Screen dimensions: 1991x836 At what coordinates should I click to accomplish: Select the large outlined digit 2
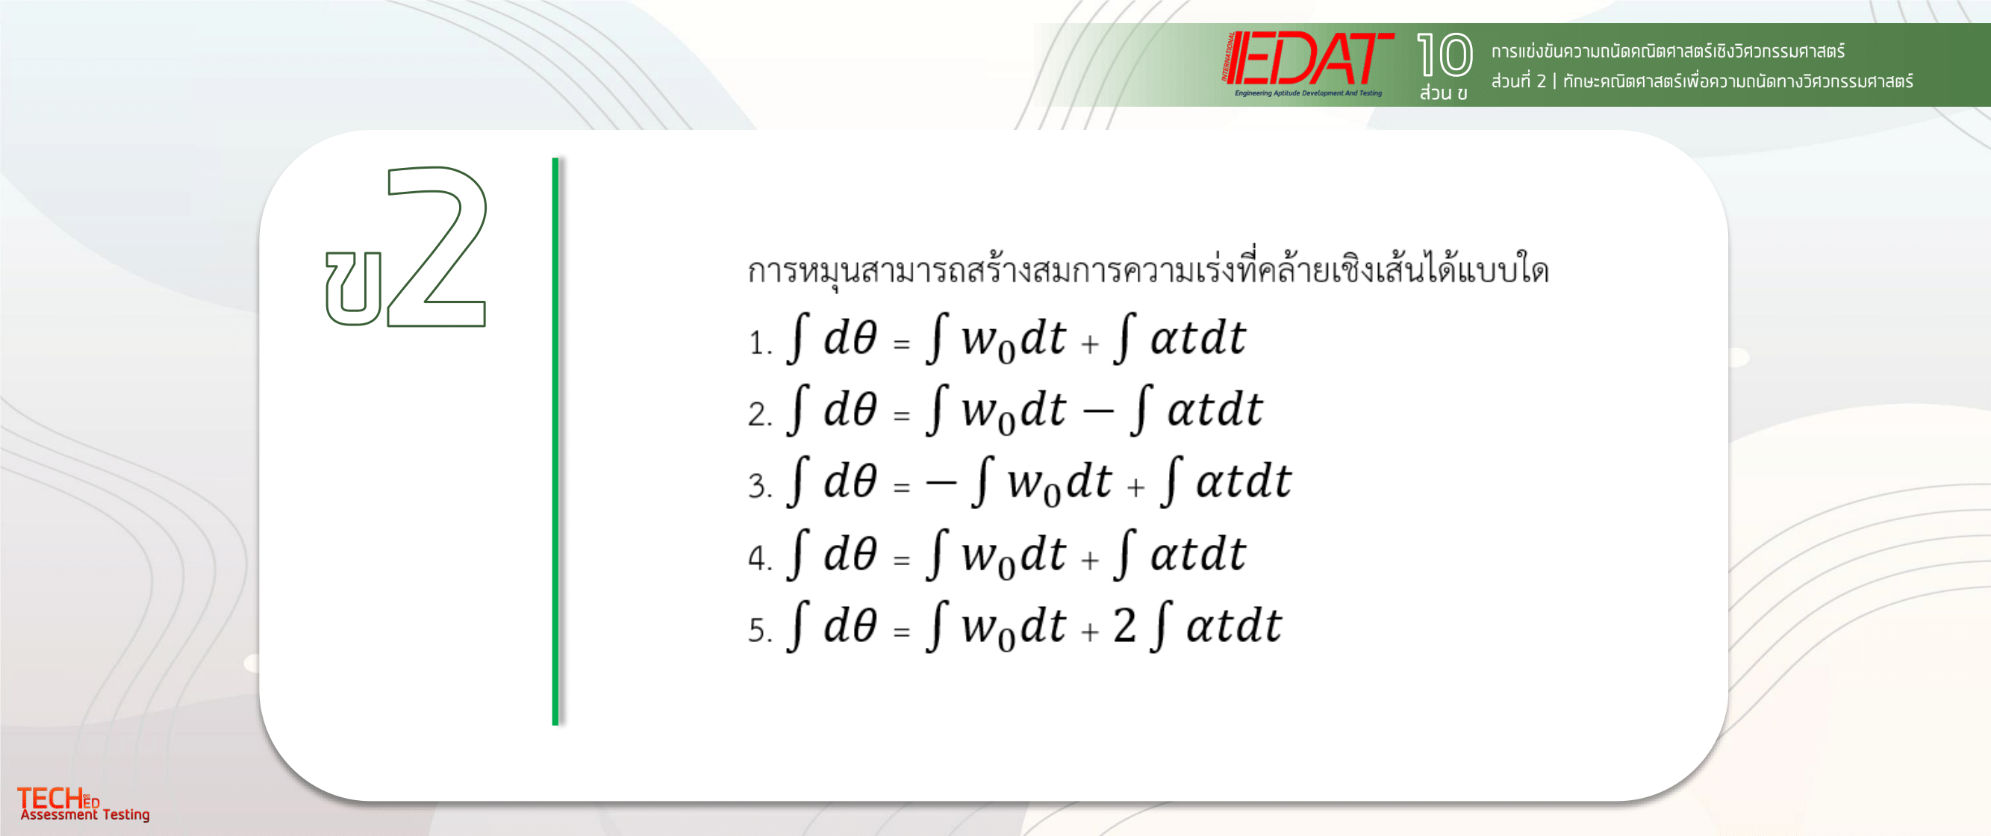[437, 246]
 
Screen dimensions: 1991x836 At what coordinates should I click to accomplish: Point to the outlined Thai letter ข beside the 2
[354, 288]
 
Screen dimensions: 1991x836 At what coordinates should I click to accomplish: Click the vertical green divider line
[555, 441]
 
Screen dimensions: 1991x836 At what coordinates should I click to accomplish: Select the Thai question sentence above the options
[1147, 269]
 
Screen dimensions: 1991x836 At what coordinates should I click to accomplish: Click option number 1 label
[760, 343]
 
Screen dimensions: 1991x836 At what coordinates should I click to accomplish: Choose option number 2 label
[760, 414]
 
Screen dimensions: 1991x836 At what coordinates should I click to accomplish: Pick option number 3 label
[760, 486]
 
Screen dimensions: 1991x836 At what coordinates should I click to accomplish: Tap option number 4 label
[760, 558]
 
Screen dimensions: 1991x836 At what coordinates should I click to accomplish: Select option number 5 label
[760, 630]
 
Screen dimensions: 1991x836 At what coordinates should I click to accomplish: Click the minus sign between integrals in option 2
[1097, 411]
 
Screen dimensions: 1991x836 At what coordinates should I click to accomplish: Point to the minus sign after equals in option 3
[941, 483]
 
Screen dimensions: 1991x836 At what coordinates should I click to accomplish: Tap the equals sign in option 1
[901, 343]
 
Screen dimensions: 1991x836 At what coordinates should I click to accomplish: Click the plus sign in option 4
[1090, 558]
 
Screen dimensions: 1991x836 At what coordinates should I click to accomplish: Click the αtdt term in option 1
[1198, 337]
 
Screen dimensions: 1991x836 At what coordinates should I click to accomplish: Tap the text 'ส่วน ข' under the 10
[1443, 93]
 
